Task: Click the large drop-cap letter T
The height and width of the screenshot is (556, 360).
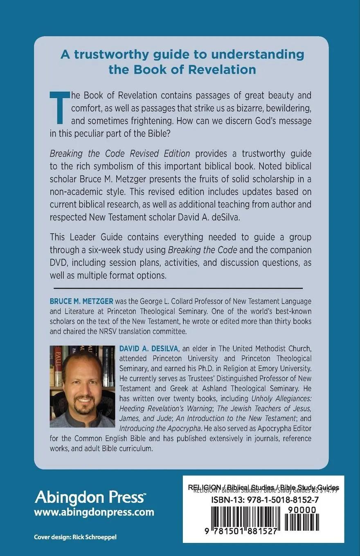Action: point(59,106)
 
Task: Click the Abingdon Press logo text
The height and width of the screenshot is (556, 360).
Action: point(90,498)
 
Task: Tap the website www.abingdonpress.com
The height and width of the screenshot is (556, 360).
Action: point(94,512)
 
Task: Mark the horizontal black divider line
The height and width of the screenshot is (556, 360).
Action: point(176,289)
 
